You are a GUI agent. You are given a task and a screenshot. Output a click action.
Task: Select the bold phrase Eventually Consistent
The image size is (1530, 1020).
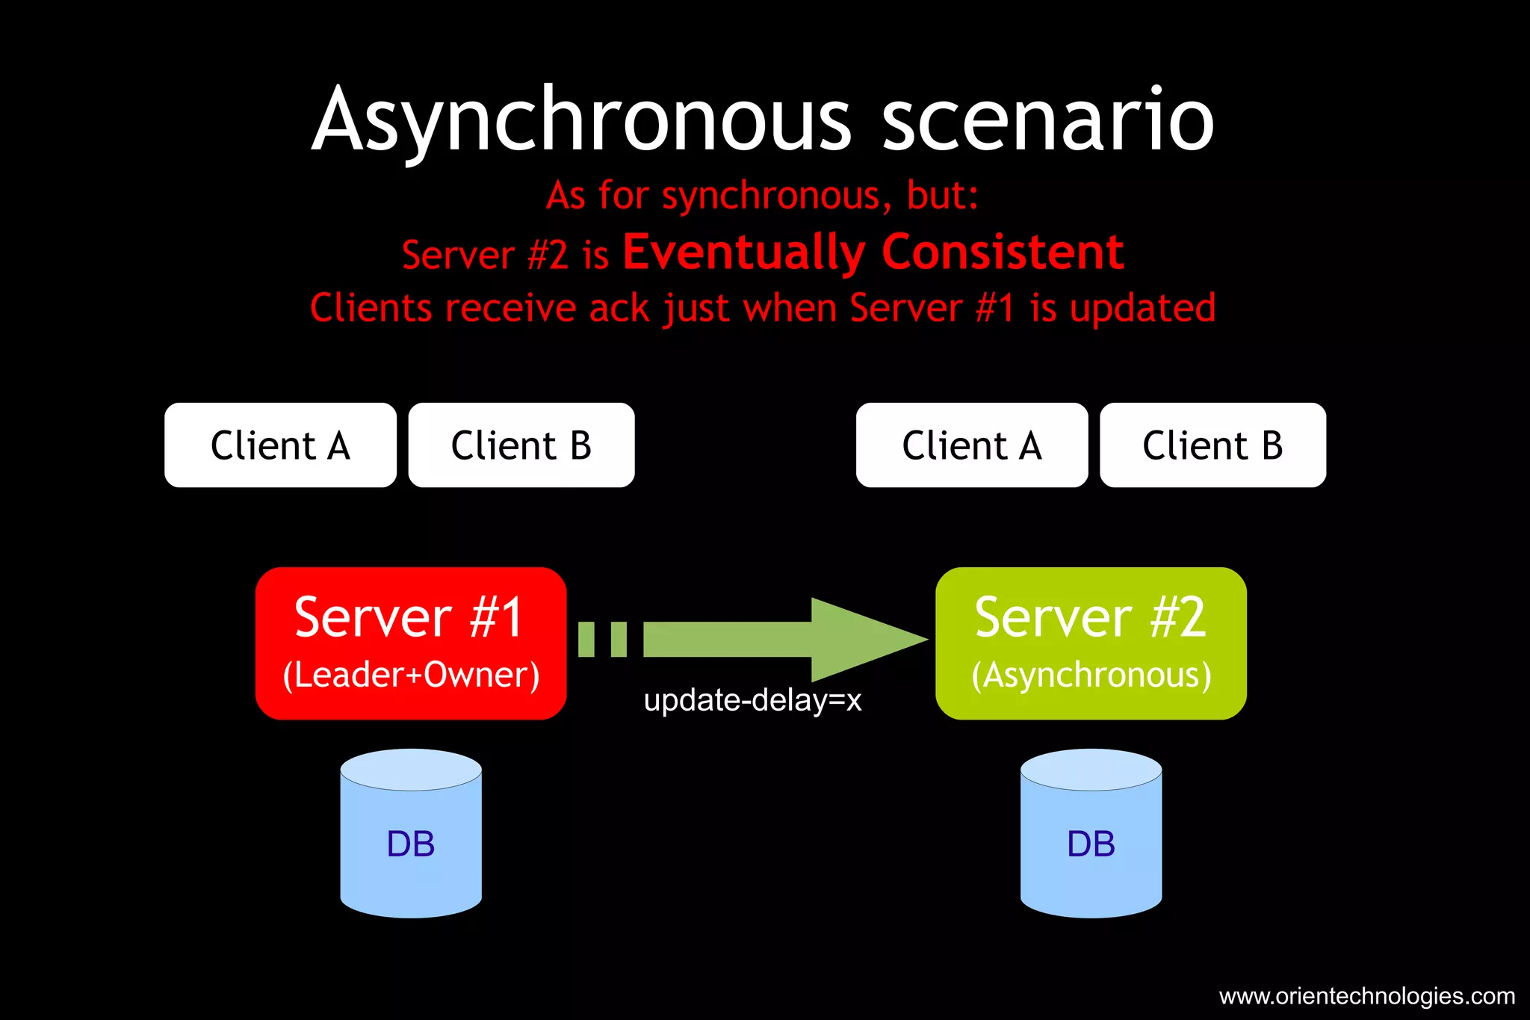pos(873,252)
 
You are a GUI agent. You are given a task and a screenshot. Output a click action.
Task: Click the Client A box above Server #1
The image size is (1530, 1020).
pos(280,445)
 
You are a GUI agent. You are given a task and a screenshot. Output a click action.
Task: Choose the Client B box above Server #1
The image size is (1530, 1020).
pos(521,445)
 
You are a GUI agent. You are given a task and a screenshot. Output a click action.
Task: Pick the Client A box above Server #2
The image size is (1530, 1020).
pos(971,445)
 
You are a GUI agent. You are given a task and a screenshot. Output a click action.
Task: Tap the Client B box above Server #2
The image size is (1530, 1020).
pos(1212,445)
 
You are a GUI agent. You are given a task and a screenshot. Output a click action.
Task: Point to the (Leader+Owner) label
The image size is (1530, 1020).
pos(410,675)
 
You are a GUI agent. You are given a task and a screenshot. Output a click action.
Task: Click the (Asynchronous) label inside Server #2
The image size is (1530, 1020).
pos(1091,675)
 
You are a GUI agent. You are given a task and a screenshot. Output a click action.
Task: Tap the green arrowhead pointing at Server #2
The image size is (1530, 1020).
pos(867,640)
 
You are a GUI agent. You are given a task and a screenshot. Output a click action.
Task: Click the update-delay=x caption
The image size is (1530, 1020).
pos(752,701)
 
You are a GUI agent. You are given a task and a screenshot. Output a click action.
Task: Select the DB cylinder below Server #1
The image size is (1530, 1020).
pos(410,834)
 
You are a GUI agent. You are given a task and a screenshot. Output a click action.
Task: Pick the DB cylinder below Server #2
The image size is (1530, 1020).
pos(1091,834)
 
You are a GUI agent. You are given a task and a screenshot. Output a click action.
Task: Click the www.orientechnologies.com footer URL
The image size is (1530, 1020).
pos(1366,996)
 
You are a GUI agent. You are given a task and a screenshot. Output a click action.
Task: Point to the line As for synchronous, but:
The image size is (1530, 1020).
pos(762,196)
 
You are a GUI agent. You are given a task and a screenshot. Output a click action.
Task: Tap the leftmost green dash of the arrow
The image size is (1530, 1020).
pos(586,640)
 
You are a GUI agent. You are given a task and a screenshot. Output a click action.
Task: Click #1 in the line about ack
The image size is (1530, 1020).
pos(995,309)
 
